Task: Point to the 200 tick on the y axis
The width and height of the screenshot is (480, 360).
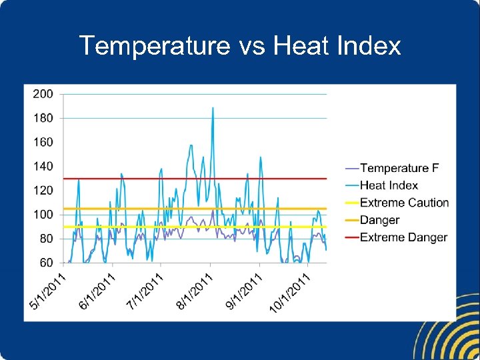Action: point(43,94)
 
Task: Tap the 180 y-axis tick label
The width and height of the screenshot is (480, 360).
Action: point(43,118)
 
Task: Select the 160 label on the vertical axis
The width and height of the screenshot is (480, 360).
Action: point(43,142)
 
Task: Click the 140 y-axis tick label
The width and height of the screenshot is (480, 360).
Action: point(43,166)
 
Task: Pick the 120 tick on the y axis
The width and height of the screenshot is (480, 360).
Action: point(43,191)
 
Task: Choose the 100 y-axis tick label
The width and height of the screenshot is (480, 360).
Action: point(43,215)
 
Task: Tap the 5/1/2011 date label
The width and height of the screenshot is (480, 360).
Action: point(48,291)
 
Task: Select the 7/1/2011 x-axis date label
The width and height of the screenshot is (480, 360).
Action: point(145,291)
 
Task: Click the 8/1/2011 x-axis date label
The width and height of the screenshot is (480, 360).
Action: point(194,291)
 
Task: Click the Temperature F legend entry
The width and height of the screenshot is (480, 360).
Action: point(399,168)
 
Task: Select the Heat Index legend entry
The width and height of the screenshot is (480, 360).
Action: point(389,185)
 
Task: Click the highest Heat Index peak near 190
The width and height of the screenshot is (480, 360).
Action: point(213,108)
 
